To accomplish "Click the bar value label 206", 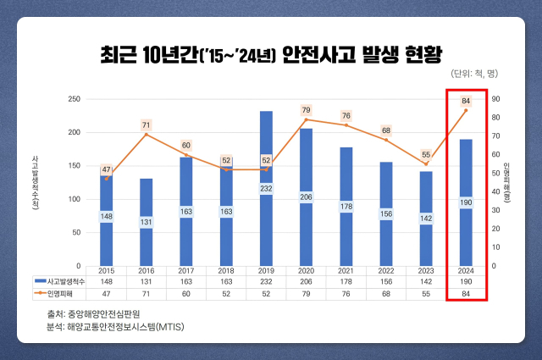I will pos(306,196).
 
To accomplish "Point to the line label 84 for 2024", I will pos(466,102).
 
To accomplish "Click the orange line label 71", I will pos(146,125).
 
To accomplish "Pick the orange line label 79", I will pos(306,111).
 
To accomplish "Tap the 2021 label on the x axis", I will pos(346,272).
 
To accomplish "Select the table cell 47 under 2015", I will pos(106,294).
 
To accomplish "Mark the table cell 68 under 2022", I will pos(385,294).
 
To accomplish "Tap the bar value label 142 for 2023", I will pos(425,218).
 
